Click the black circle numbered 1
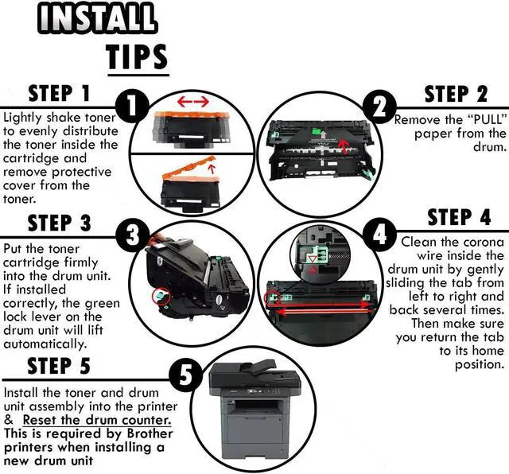click(x=132, y=106)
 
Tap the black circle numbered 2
click(x=379, y=107)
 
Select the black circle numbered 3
click(x=133, y=235)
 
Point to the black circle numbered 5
click(x=186, y=375)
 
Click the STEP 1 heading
click(x=59, y=94)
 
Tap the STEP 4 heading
click(x=459, y=217)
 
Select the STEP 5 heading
click(x=59, y=366)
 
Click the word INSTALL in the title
click(x=97, y=17)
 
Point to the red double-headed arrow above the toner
click(x=193, y=102)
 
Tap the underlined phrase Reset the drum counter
click(x=97, y=420)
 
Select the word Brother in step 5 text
click(x=150, y=433)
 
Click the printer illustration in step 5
click(x=254, y=410)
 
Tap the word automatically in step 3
click(x=45, y=344)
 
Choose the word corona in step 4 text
click(x=484, y=243)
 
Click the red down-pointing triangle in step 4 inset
click(x=313, y=258)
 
